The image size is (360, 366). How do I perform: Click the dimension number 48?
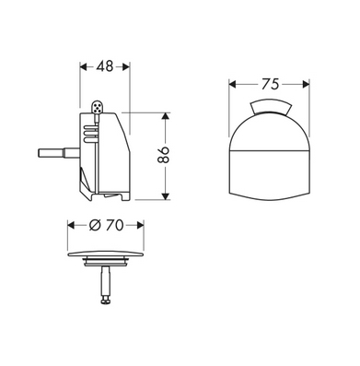tap(105, 66)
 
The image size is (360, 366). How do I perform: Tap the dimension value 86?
tap(164, 155)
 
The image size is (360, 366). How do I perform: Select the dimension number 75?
tap(271, 84)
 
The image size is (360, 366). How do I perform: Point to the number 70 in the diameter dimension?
tap(115, 225)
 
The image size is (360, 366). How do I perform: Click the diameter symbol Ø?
tap(95, 225)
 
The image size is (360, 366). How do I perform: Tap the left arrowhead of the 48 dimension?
tap(84, 66)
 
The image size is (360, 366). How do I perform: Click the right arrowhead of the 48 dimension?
tap(126, 66)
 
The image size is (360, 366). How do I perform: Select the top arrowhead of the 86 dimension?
tap(166, 117)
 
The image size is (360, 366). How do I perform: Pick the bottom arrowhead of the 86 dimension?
tap(166, 195)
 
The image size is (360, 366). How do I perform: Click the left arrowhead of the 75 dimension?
tap(233, 84)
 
